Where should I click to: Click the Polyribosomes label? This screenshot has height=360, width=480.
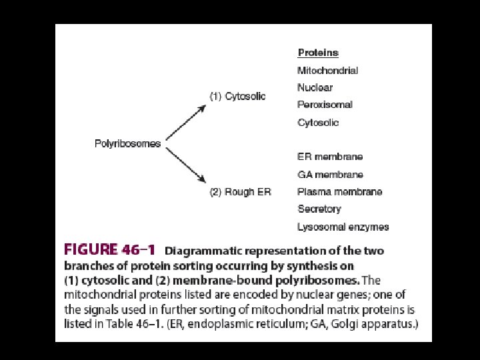(x=128, y=143)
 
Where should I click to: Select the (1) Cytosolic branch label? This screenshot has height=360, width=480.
(x=238, y=96)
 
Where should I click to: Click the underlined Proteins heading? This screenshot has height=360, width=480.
(x=318, y=53)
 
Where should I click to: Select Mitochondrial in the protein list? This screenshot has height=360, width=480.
(x=327, y=70)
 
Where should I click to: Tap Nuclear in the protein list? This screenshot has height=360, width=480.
(x=315, y=87)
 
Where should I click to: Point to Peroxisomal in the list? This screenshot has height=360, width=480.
(x=325, y=105)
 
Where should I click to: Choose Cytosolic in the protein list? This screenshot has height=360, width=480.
(x=318, y=123)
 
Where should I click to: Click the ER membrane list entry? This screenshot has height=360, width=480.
(x=330, y=157)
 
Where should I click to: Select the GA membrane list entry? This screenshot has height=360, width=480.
(x=330, y=175)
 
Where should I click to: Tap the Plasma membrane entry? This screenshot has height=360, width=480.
(x=339, y=192)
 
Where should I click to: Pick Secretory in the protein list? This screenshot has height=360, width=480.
(x=319, y=209)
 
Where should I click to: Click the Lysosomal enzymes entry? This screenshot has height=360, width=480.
(x=343, y=227)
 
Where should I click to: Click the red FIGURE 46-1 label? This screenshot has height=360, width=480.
(x=109, y=251)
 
